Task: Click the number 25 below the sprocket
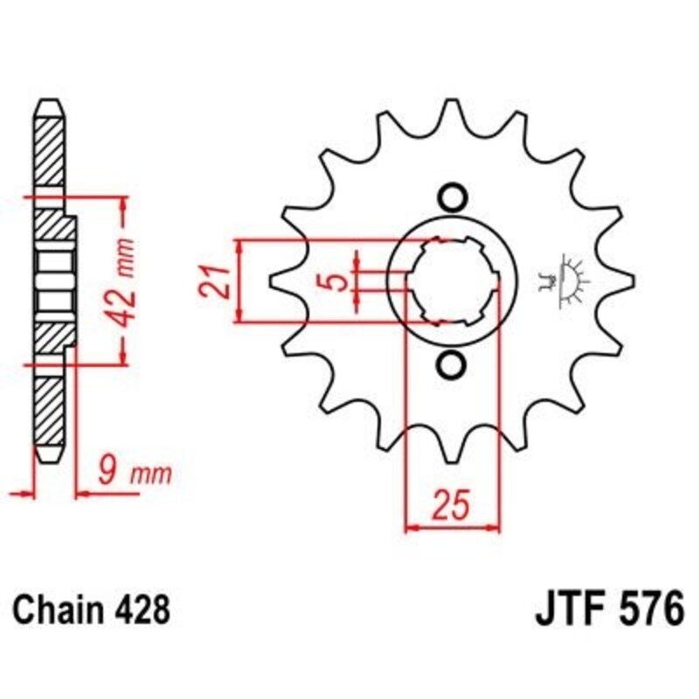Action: [452, 506]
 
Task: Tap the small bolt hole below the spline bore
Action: [451, 364]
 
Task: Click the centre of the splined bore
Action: [451, 280]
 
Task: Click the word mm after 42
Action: [128, 255]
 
